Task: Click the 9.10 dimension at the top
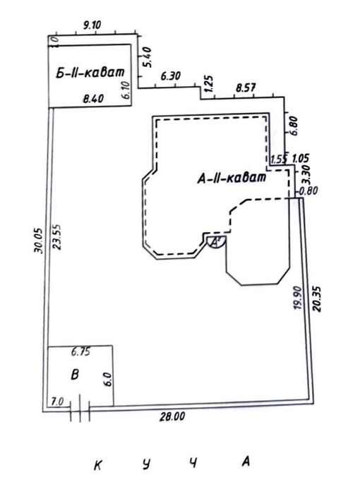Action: [92, 25]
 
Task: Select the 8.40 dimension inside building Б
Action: [93, 99]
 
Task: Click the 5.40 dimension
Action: [147, 57]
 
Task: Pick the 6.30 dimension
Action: [171, 76]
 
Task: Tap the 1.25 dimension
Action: [209, 83]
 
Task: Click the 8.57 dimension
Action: [246, 88]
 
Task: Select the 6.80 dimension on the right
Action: [293, 126]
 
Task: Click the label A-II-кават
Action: [232, 178]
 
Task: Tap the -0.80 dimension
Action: [308, 191]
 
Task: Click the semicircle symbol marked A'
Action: [216, 242]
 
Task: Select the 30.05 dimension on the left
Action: [38, 241]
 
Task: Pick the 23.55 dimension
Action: [57, 237]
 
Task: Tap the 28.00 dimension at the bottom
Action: [172, 417]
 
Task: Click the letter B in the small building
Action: [75, 375]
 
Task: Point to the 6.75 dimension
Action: [80, 351]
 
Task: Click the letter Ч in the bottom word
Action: [193, 463]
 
